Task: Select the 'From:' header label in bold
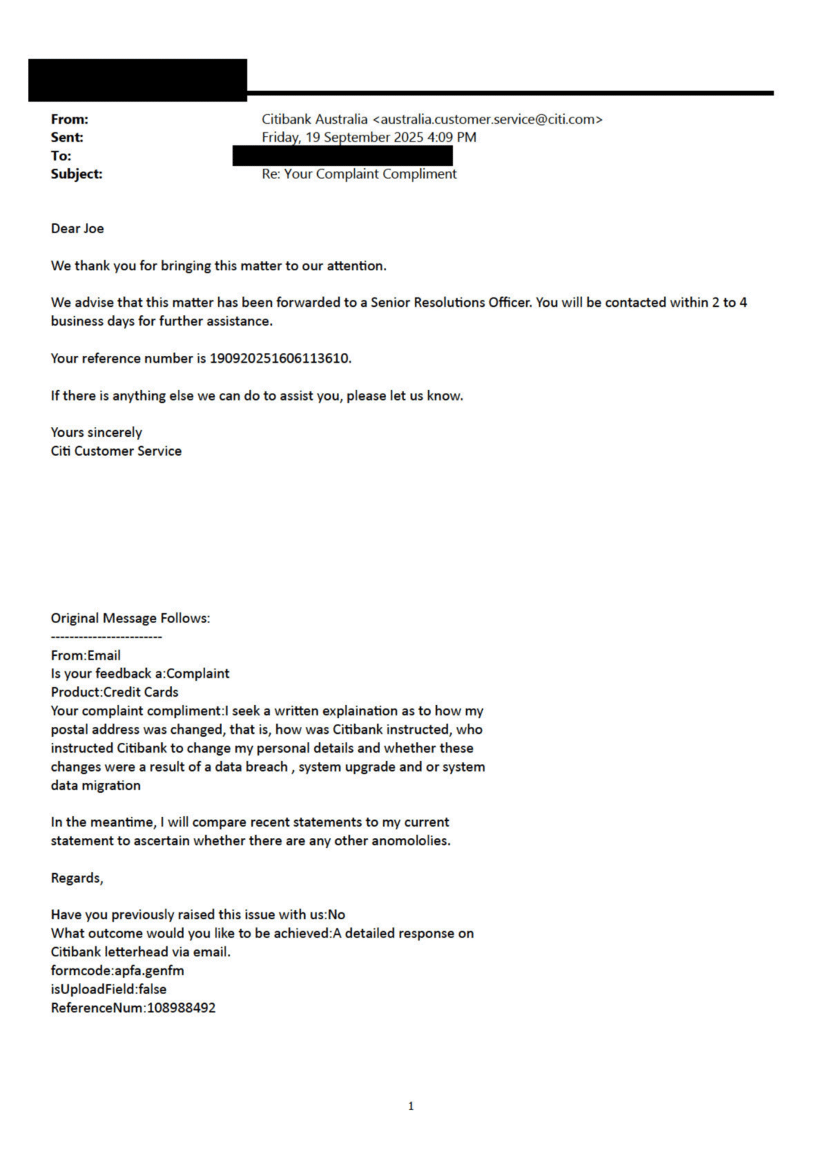click(70, 119)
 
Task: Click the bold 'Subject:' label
click(76, 173)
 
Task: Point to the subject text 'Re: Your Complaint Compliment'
click(359, 173)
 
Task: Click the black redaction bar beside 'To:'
click(342, 156)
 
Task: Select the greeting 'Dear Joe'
click(77, 228)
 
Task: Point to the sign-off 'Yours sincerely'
click(96, 432)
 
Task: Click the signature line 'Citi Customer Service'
click(116, 451)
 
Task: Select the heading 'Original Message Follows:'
click(130, 618)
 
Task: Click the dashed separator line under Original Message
click(106, 637)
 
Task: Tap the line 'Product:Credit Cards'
click(114, 691)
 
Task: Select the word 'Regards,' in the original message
click(76, 878)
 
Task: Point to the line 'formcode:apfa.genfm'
click(117, 970)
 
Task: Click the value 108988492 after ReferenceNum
click(181, 1008)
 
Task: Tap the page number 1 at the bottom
click(411, 1106)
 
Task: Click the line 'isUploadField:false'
click(108, 989)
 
